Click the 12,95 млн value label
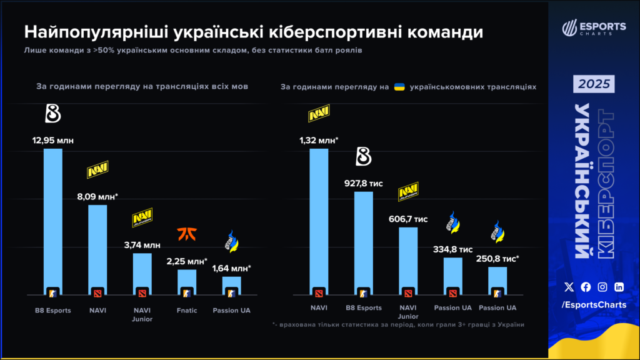(53, 140)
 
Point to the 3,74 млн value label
(142, 244)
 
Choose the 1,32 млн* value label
(319, 140)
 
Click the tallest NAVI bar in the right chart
(319, 219)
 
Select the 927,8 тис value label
(363, 183)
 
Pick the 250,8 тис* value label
(498, 258)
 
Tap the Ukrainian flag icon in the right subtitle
(399, 87)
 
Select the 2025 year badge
(594, 84)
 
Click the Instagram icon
(602, 287)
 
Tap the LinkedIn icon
(619, 287)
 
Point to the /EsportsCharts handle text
(594, 304)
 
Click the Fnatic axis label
(187, 310)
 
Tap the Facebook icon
(586, 287)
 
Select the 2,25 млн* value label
(187, 261)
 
